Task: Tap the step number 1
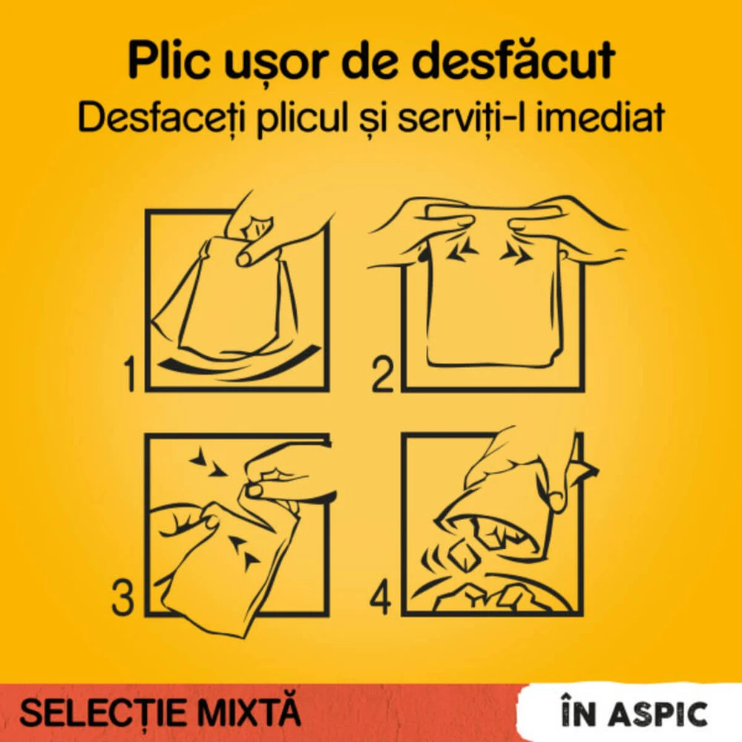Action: click(x=130, y=375)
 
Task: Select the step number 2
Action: click(x=382, y=375)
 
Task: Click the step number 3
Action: click(x=123, y=599)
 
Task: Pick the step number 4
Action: click(x=381, y=599)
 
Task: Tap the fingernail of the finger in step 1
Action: click(x=244, y=257)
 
